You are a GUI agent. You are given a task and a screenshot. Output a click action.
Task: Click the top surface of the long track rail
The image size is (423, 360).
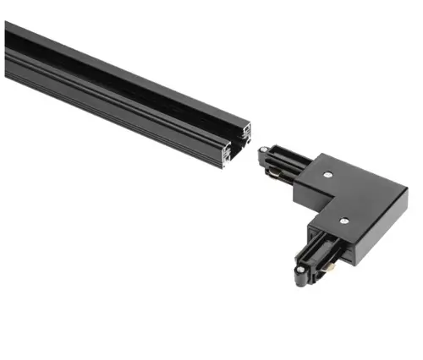click(x=127, y=72)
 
